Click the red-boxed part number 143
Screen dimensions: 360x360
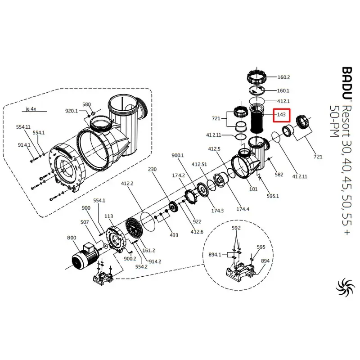[x=281, y=114]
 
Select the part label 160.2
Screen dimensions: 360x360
[x=283, y=77]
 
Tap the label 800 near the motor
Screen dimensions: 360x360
[x=72, y=238]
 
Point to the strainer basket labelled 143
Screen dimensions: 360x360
[x=257, y=118]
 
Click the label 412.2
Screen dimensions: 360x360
[x=127, y=183]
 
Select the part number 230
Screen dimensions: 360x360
[x=153, y=169]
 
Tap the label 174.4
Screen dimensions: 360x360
[x=243, y=209]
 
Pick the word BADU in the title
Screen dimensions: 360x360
[x=346, y=83]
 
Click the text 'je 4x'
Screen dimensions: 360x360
[x=31, y=108]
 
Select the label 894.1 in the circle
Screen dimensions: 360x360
[x=215, y=254]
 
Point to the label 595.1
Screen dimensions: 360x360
[x=273, y=196]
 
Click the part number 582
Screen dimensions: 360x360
[x=279, y=175]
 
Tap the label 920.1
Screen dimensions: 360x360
[x=72, y=111]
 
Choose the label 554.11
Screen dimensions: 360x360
[x=23, y=127]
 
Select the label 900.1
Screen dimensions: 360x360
[x=178, y=155]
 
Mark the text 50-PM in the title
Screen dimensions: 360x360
[x=334, y=121]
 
